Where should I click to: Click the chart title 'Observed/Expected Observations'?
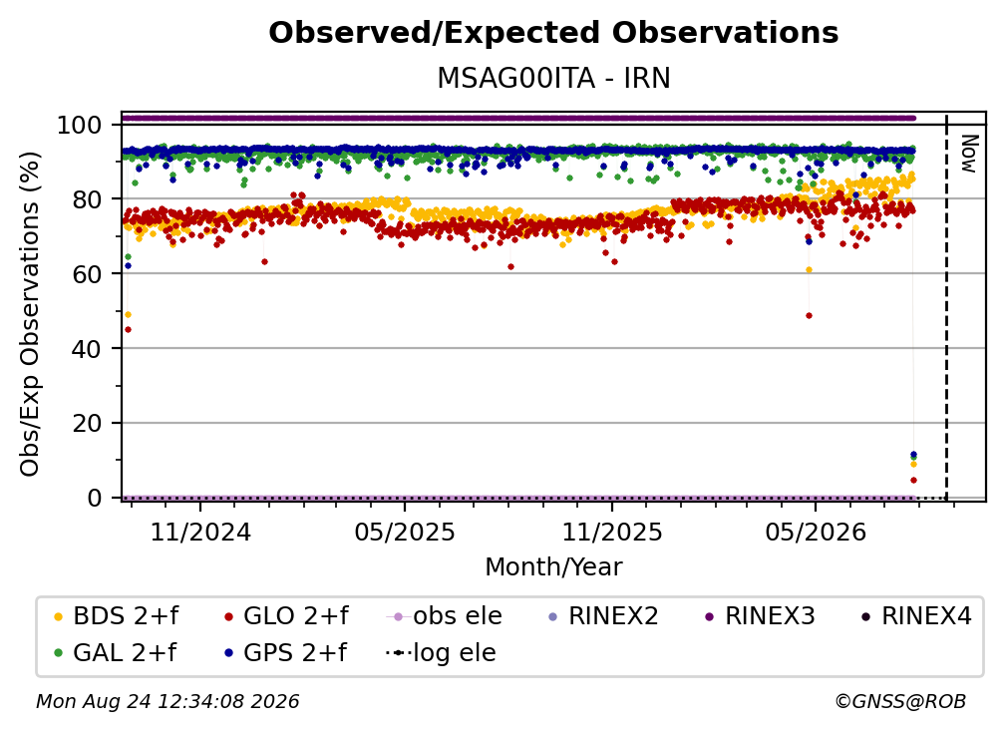(553, 33)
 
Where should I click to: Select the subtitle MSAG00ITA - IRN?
(553, 78)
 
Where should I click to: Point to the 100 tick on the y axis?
(79, 125)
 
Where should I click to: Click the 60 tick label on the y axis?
(87, 273)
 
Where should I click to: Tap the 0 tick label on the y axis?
(94, 498)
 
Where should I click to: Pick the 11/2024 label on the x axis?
(200, 532)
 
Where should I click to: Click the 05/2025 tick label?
(405, 532)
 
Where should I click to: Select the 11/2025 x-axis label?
(612, 532)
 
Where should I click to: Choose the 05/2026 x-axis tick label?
(816, 532)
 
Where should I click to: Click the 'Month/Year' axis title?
(553, 566)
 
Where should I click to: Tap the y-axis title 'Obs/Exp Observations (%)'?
(30, 314)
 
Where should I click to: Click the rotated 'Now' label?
(968, 154)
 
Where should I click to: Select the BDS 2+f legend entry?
(116, 616)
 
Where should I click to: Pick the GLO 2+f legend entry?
(286, 616)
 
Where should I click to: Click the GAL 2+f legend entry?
(115, 652)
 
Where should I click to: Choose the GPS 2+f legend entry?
(285, 652)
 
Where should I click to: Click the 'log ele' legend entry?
(441, 652)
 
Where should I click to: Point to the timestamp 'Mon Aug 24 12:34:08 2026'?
(167, 701)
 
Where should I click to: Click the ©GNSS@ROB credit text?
(900, 701)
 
